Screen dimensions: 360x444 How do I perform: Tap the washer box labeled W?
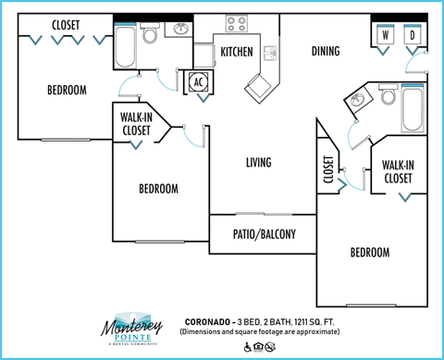pyautogui.click(x=384, y=36)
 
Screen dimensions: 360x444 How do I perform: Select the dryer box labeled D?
pyautogui.click(x=413, y=36)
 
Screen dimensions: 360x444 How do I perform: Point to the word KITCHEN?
pyautogui.click(x=237, y=52)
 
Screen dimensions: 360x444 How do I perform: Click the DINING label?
pyautogui.click(x=326, y=51)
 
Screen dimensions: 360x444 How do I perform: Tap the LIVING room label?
pyautogui.click(x=258, y=163)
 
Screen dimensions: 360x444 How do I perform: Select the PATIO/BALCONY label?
pyautogui.click(x=264, y=234)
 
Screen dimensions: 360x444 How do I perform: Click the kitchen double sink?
pyautogui.click(x=270, y=52)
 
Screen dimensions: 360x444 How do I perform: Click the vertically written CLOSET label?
pyautogui.click(x=328, y=169)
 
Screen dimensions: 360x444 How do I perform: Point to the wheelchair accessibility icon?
pyautogui.click(x=248, y=347)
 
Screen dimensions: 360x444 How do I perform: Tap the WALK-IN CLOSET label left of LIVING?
pyautogui.click(x=137, y=124)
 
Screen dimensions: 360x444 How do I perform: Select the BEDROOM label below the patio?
pyautogui.click(x=369, y=252)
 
